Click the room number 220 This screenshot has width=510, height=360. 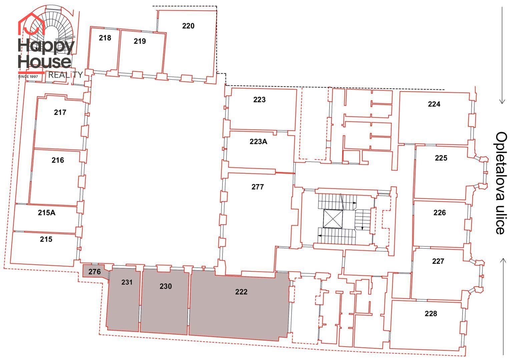[x=188, y=26]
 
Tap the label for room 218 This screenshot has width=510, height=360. [x=105, y=38]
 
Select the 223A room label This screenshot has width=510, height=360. [x=259, y=142]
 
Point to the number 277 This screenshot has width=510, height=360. [x=258, y=187]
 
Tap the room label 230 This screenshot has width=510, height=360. [x=165, y=286]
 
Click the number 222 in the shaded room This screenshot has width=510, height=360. [x=241, y=292]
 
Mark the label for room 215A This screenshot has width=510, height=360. [x=46, y=213]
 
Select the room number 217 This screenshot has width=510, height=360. [x=60, y=112]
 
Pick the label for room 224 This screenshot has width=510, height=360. [x=434, y=104]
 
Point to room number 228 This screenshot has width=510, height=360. [x=431, y=314]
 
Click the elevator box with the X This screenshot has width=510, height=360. [x=333, y=219]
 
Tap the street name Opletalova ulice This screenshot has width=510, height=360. [x=501, y=183]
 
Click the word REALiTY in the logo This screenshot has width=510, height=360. [x=65, y=75]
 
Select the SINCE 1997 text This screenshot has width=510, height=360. [x=28, y=77]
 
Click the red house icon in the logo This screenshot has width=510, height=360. [x=31, y=24]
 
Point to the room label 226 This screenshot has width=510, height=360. [x=439, y=213]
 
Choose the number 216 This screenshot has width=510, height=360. [x=58, y=160]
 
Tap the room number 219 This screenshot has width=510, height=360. [x=139, y=41]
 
